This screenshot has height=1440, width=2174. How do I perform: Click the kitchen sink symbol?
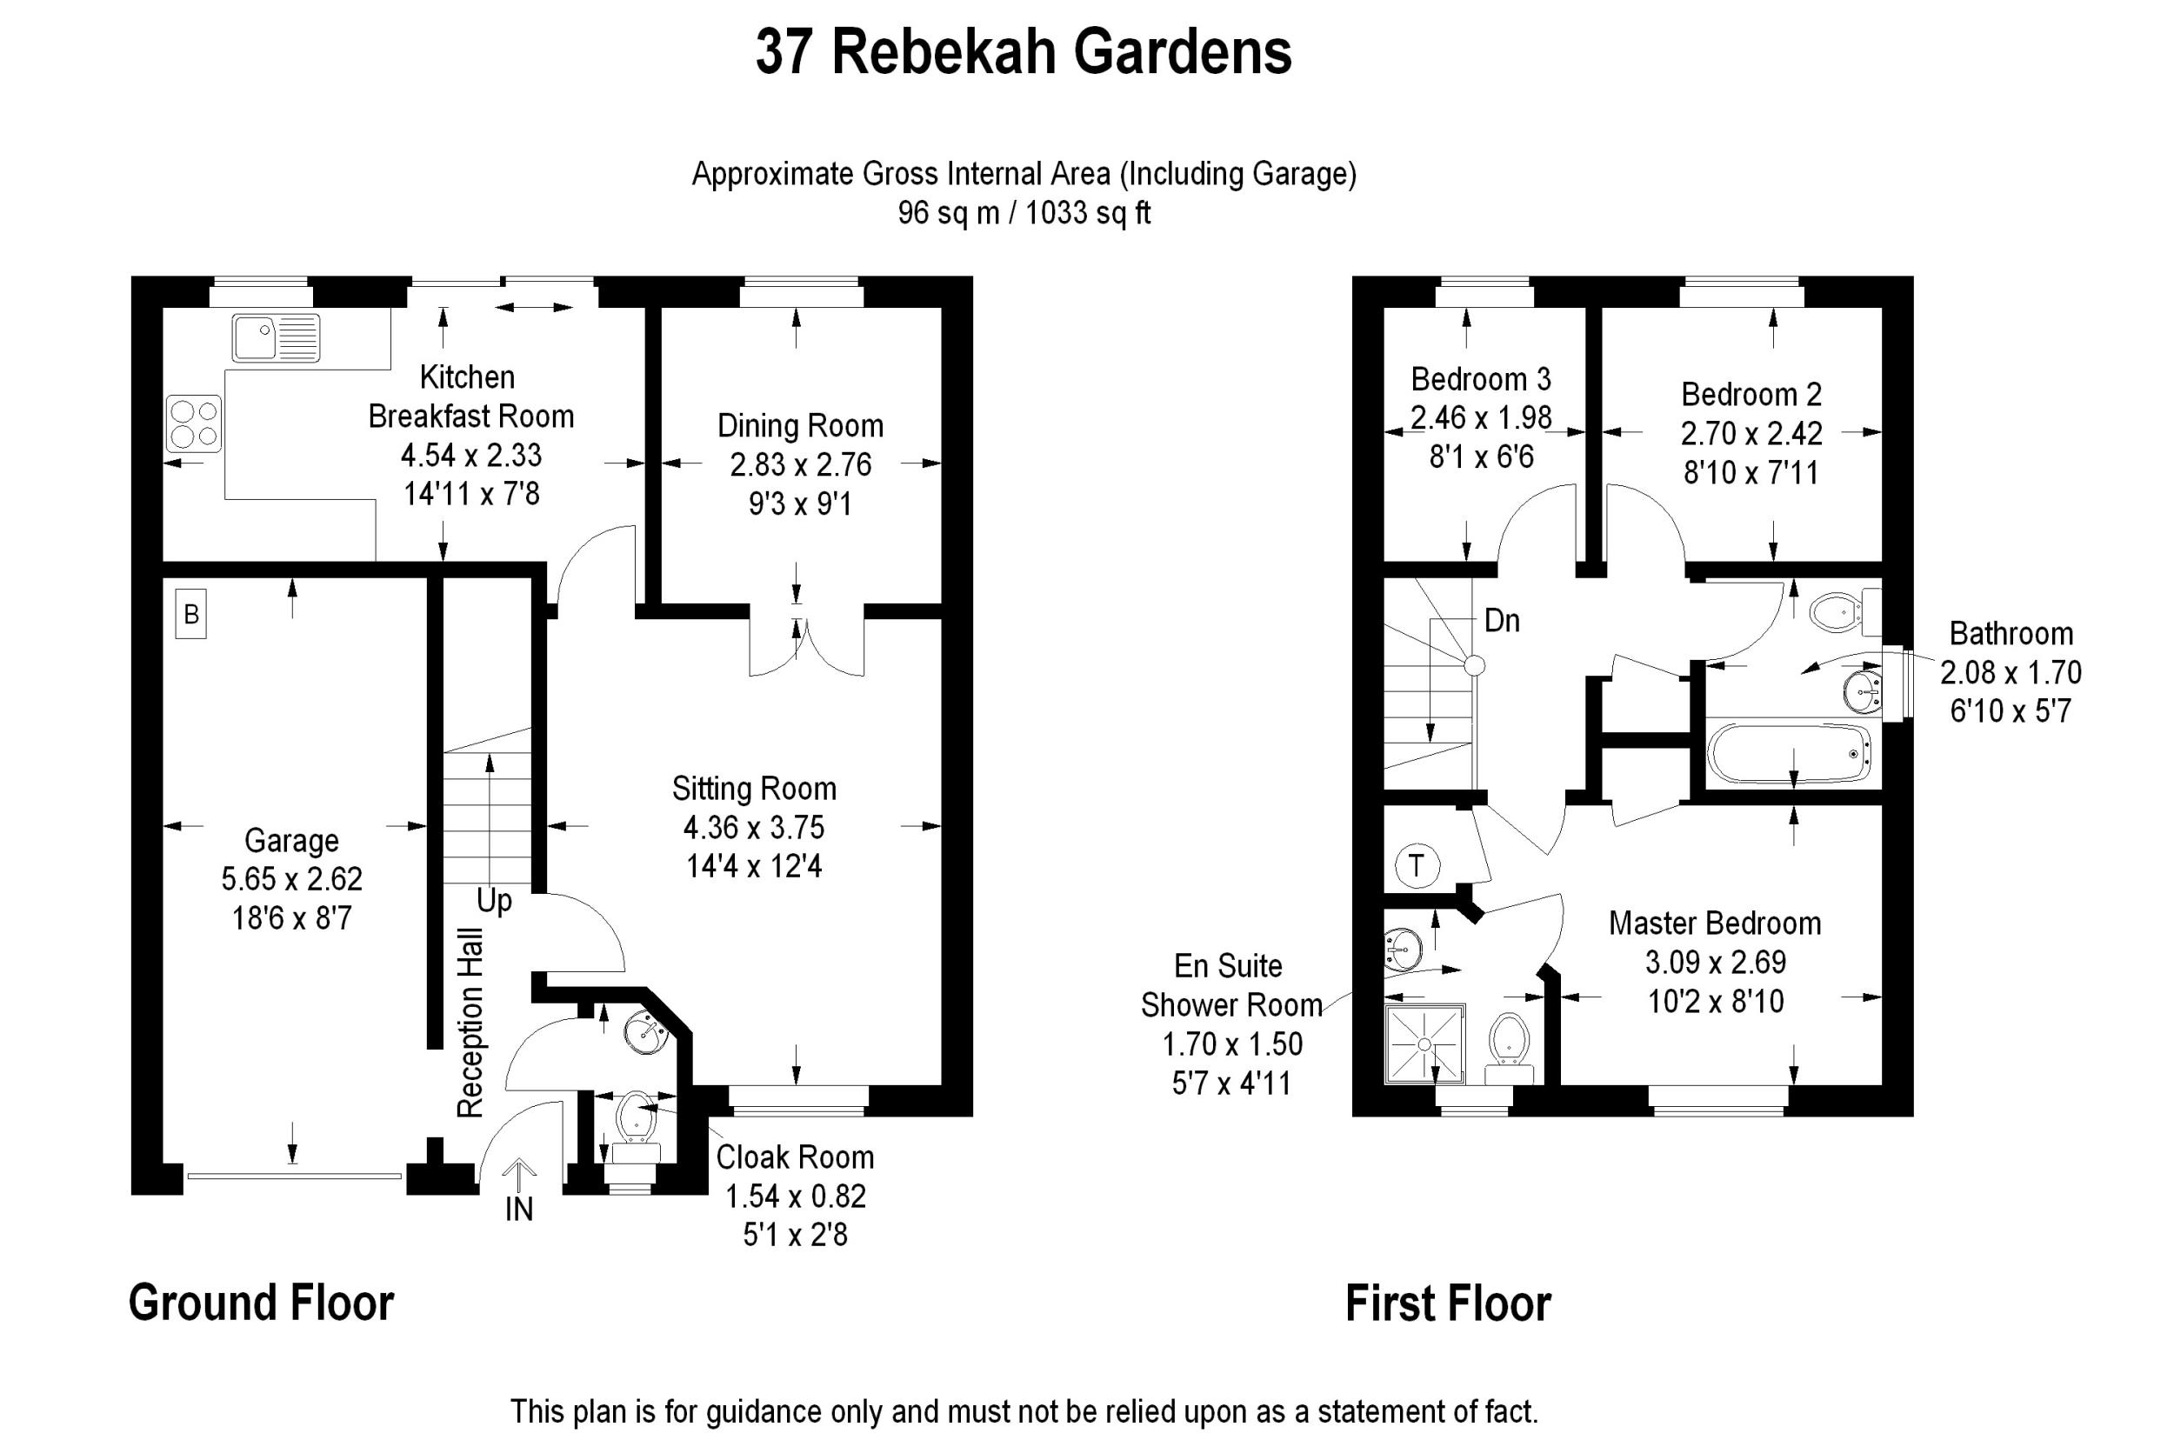276,337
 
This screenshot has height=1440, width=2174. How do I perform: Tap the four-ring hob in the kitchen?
194,423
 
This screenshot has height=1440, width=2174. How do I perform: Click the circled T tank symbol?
1417,866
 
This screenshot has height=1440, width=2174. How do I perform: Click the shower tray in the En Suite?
1424,1044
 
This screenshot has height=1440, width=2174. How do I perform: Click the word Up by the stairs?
494,901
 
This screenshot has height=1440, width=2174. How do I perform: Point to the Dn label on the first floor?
1502,622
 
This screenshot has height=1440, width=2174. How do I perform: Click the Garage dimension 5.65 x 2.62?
291,879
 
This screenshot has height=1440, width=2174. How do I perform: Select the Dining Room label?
800,426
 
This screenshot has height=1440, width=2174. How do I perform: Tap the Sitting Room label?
754,788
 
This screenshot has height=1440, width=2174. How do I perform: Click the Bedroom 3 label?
1481,378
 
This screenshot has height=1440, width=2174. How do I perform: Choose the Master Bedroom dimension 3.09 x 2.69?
1715,963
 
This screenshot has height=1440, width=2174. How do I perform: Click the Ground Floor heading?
262,1303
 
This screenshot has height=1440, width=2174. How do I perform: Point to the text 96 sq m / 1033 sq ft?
1024,213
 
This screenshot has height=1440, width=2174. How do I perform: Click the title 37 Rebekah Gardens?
1024,51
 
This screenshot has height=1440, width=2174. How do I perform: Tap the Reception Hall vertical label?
470,1023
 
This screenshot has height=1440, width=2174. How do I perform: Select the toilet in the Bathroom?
1837,610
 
